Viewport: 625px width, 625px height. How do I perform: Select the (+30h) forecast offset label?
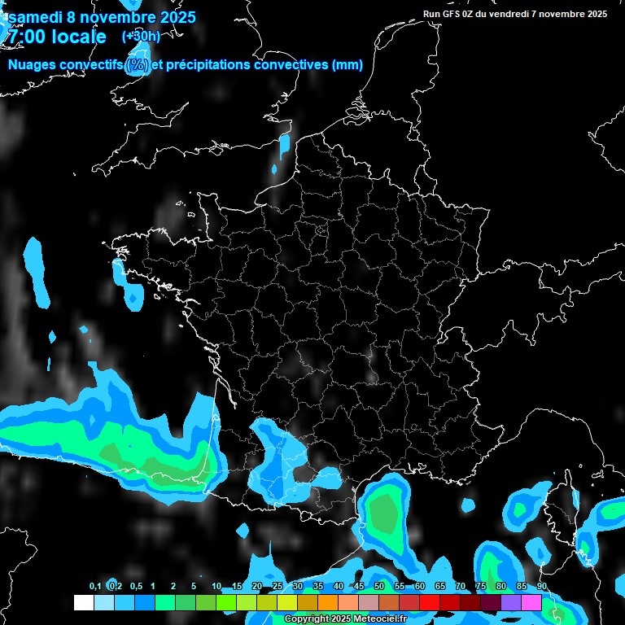click(x=141, y=36)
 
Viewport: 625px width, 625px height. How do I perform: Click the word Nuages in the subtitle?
click(x=33, y=65)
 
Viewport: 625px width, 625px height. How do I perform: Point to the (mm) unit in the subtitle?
click(x=347, y=65)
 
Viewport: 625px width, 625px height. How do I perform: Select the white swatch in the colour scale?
click(x=84, y=603)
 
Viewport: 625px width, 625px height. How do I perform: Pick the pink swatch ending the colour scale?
click(x=531, y=603)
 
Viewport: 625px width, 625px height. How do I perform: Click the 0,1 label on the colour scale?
click(x=95, y=587)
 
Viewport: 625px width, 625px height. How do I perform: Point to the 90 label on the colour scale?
click(x=542, y=587)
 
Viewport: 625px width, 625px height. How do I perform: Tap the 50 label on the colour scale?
click(x=379, y=587)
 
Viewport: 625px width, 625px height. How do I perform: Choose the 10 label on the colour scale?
click(x=216, y=587)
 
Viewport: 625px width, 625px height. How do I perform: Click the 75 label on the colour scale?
click(x=481, y=587)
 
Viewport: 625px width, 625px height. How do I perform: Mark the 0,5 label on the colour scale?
click(x=136, y=587)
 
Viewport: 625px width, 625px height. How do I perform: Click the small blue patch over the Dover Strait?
click(x=284, y=146)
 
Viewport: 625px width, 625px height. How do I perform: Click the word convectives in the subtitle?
click(x=292, y=65)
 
